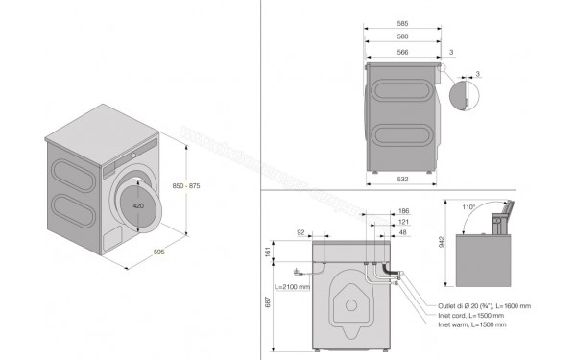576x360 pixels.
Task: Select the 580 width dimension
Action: click(x=403, y=37)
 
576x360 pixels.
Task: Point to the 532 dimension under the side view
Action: click(x=402, y=179)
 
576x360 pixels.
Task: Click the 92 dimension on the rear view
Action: click(x=300, y=232)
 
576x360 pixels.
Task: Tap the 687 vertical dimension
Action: click(x=270, y=305)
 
